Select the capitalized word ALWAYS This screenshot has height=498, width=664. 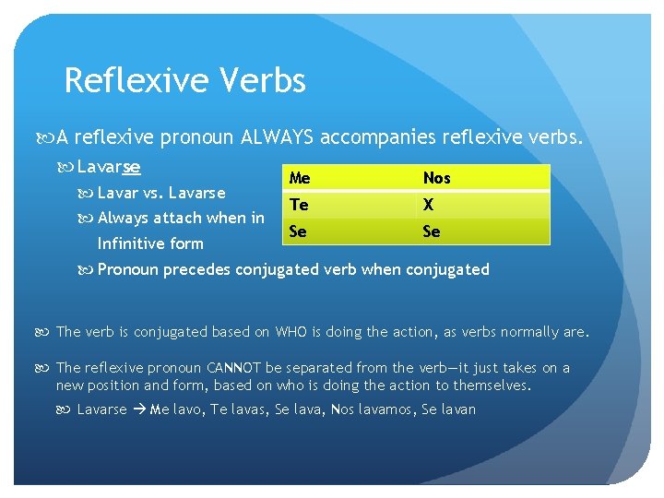coord(276,138)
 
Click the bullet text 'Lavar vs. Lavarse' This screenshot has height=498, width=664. coord(160,193)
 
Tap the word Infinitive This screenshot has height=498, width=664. coord(130,243)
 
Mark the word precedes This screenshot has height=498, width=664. coord(201,269)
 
